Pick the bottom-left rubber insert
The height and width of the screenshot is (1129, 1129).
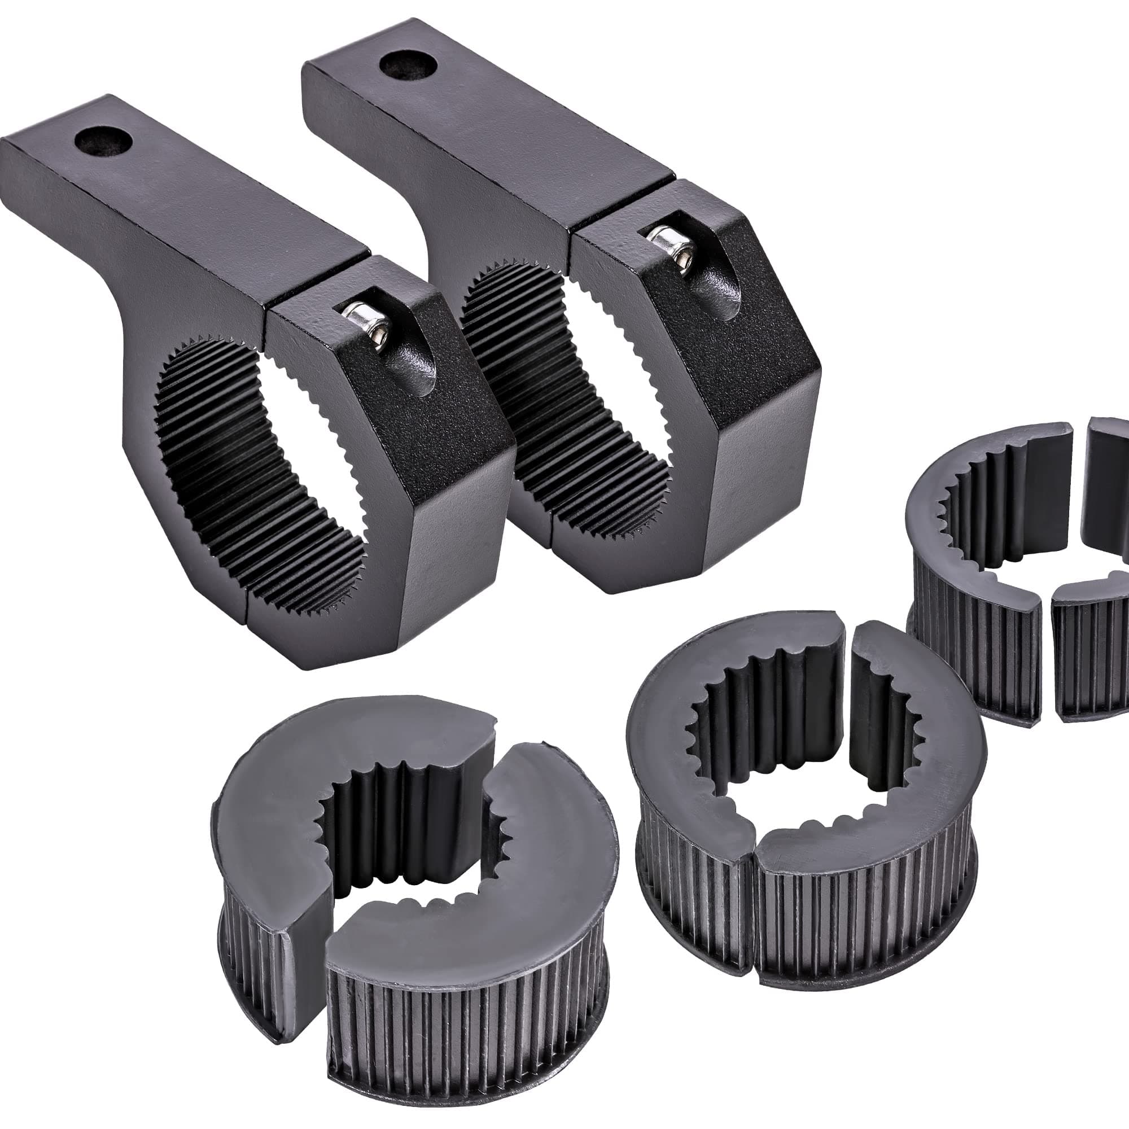coord(409,877)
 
